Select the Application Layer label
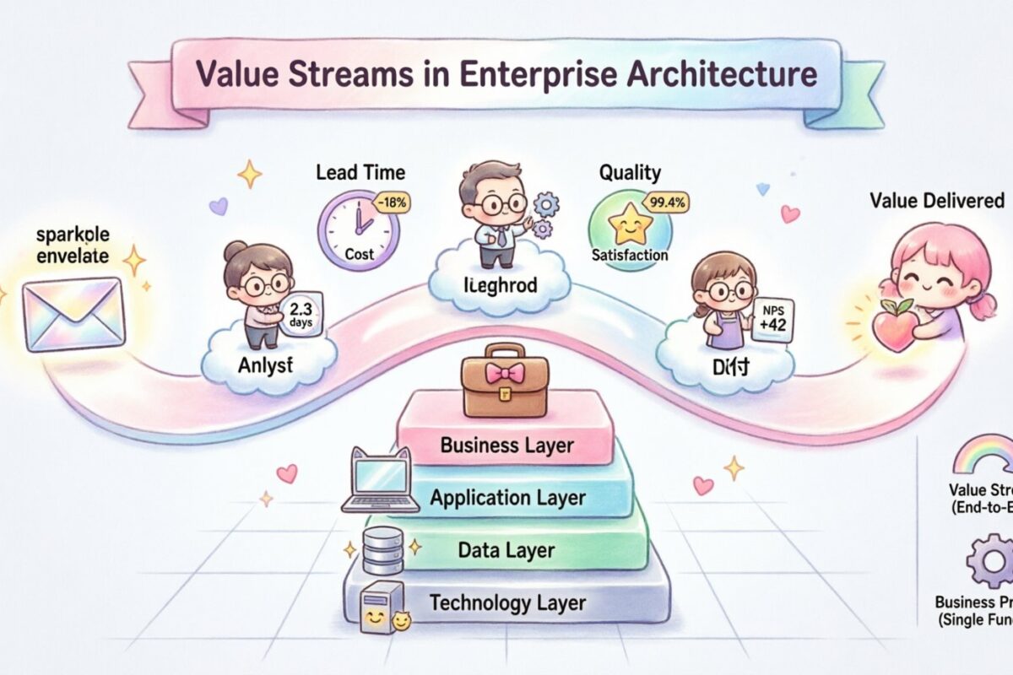(x=507, y=498)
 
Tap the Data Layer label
(x=506, y=550)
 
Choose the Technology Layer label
(x=507, y=602)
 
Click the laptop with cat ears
(x=381, y=481)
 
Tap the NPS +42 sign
(x=771, y=319)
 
